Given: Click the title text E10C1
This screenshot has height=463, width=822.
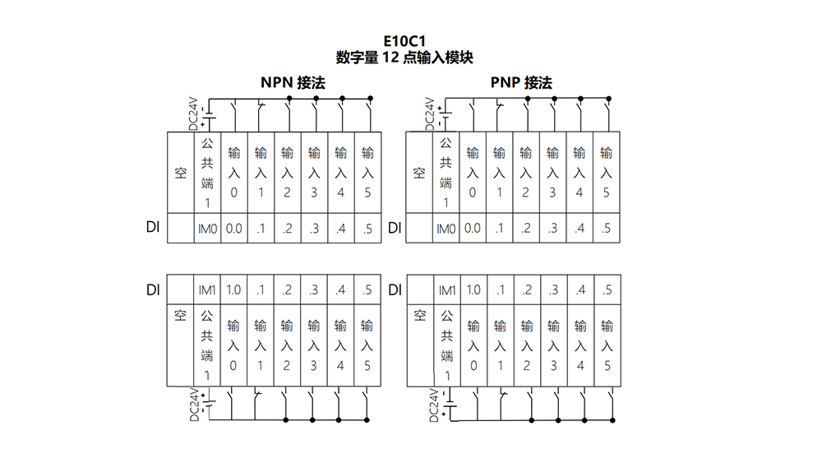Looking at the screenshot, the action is point(404,41).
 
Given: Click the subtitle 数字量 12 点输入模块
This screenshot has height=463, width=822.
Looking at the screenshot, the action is point(404,57).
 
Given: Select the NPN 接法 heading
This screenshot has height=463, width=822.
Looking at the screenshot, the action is point(293,83).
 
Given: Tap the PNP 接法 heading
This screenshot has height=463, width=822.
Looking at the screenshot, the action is point(521,83).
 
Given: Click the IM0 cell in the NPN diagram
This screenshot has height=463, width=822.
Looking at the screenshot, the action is point(208,229).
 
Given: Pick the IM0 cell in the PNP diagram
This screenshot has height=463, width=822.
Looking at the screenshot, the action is point(446,229).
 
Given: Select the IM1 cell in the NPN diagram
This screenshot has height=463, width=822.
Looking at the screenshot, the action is point(207,289).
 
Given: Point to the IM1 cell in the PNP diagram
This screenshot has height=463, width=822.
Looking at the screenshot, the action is point(447,289).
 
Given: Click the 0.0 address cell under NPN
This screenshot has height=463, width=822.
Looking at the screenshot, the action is point(233,229).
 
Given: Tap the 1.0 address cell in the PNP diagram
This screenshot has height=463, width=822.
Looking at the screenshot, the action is point(473,289).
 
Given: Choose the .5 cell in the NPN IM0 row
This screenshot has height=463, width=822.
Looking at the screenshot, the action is point(367,229).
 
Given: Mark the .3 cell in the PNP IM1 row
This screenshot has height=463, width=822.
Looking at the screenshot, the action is point(553,289).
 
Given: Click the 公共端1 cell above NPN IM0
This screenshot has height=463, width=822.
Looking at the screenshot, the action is point(208,173).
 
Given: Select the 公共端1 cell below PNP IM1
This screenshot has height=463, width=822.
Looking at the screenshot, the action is point(447,345).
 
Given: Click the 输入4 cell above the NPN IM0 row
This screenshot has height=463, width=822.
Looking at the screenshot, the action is point(341,173).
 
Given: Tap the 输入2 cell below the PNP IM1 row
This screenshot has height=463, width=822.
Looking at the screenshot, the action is point(527,345).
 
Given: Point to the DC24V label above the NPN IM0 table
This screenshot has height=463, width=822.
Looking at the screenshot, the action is point(193,113).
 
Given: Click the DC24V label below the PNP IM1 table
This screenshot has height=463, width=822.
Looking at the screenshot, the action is point(433,405).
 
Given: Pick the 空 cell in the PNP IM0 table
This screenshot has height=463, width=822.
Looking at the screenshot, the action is point(419,173).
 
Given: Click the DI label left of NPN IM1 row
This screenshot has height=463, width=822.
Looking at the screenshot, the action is point(153,290).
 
